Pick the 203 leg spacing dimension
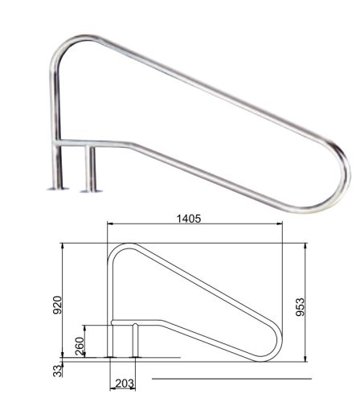tap(124, 383)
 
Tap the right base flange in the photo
tap(89, 191)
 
